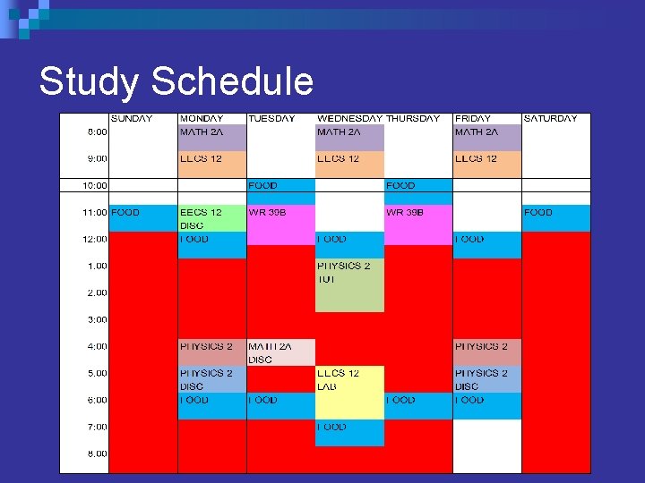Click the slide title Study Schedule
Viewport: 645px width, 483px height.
[176, 81]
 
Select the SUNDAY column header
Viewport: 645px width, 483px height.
[131, 118]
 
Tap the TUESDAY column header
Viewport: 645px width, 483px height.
[271, 118]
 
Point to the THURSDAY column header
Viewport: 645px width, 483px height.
[413, 118]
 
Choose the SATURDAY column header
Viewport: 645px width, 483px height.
[550, 118]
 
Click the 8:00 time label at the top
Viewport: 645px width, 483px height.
[97, 131]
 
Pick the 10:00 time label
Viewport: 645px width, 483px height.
[95, 185]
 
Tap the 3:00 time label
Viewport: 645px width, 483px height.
[97, 319]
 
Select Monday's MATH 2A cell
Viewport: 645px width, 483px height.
[212, 137]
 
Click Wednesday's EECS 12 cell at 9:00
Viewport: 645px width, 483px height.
[349, 164]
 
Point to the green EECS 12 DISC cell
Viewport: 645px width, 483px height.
[212, 218]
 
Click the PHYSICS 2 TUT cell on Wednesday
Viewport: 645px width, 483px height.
[349, 284]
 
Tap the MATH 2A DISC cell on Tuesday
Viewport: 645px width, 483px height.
[281, 352]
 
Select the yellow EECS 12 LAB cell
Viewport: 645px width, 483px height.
[349, 392]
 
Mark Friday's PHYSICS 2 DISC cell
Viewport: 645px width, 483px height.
[486, 379]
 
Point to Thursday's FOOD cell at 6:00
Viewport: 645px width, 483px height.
[418, 406]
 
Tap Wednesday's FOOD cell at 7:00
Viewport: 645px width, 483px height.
[349, 433]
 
